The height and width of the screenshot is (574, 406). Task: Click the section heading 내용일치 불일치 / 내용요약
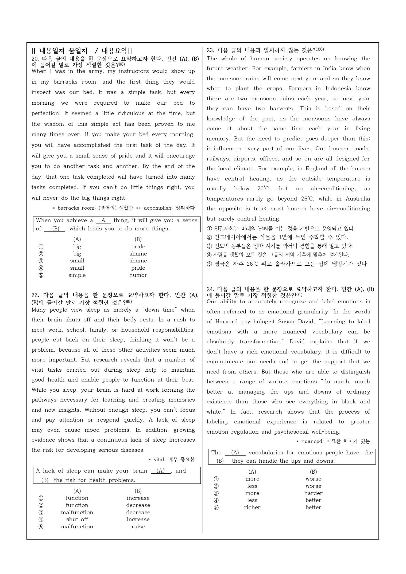tap(82, 51)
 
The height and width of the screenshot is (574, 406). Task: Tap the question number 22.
tap(35, 295)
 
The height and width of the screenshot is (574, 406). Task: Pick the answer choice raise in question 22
tap(138, 526)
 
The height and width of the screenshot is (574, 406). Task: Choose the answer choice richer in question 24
tap(252, 507)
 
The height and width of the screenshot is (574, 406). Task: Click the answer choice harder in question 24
tap(313, 493)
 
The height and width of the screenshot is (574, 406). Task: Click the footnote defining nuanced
tap(333, 441)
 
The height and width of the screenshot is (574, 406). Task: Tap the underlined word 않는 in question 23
tap(293, 50)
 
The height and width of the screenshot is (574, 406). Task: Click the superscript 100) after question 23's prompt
tap(320, 49)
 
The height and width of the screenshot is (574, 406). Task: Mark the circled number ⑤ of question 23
tap(210, 264)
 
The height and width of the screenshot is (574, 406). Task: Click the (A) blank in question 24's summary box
tap(235, 453)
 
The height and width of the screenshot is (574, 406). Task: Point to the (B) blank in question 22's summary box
tap(45, 480)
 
